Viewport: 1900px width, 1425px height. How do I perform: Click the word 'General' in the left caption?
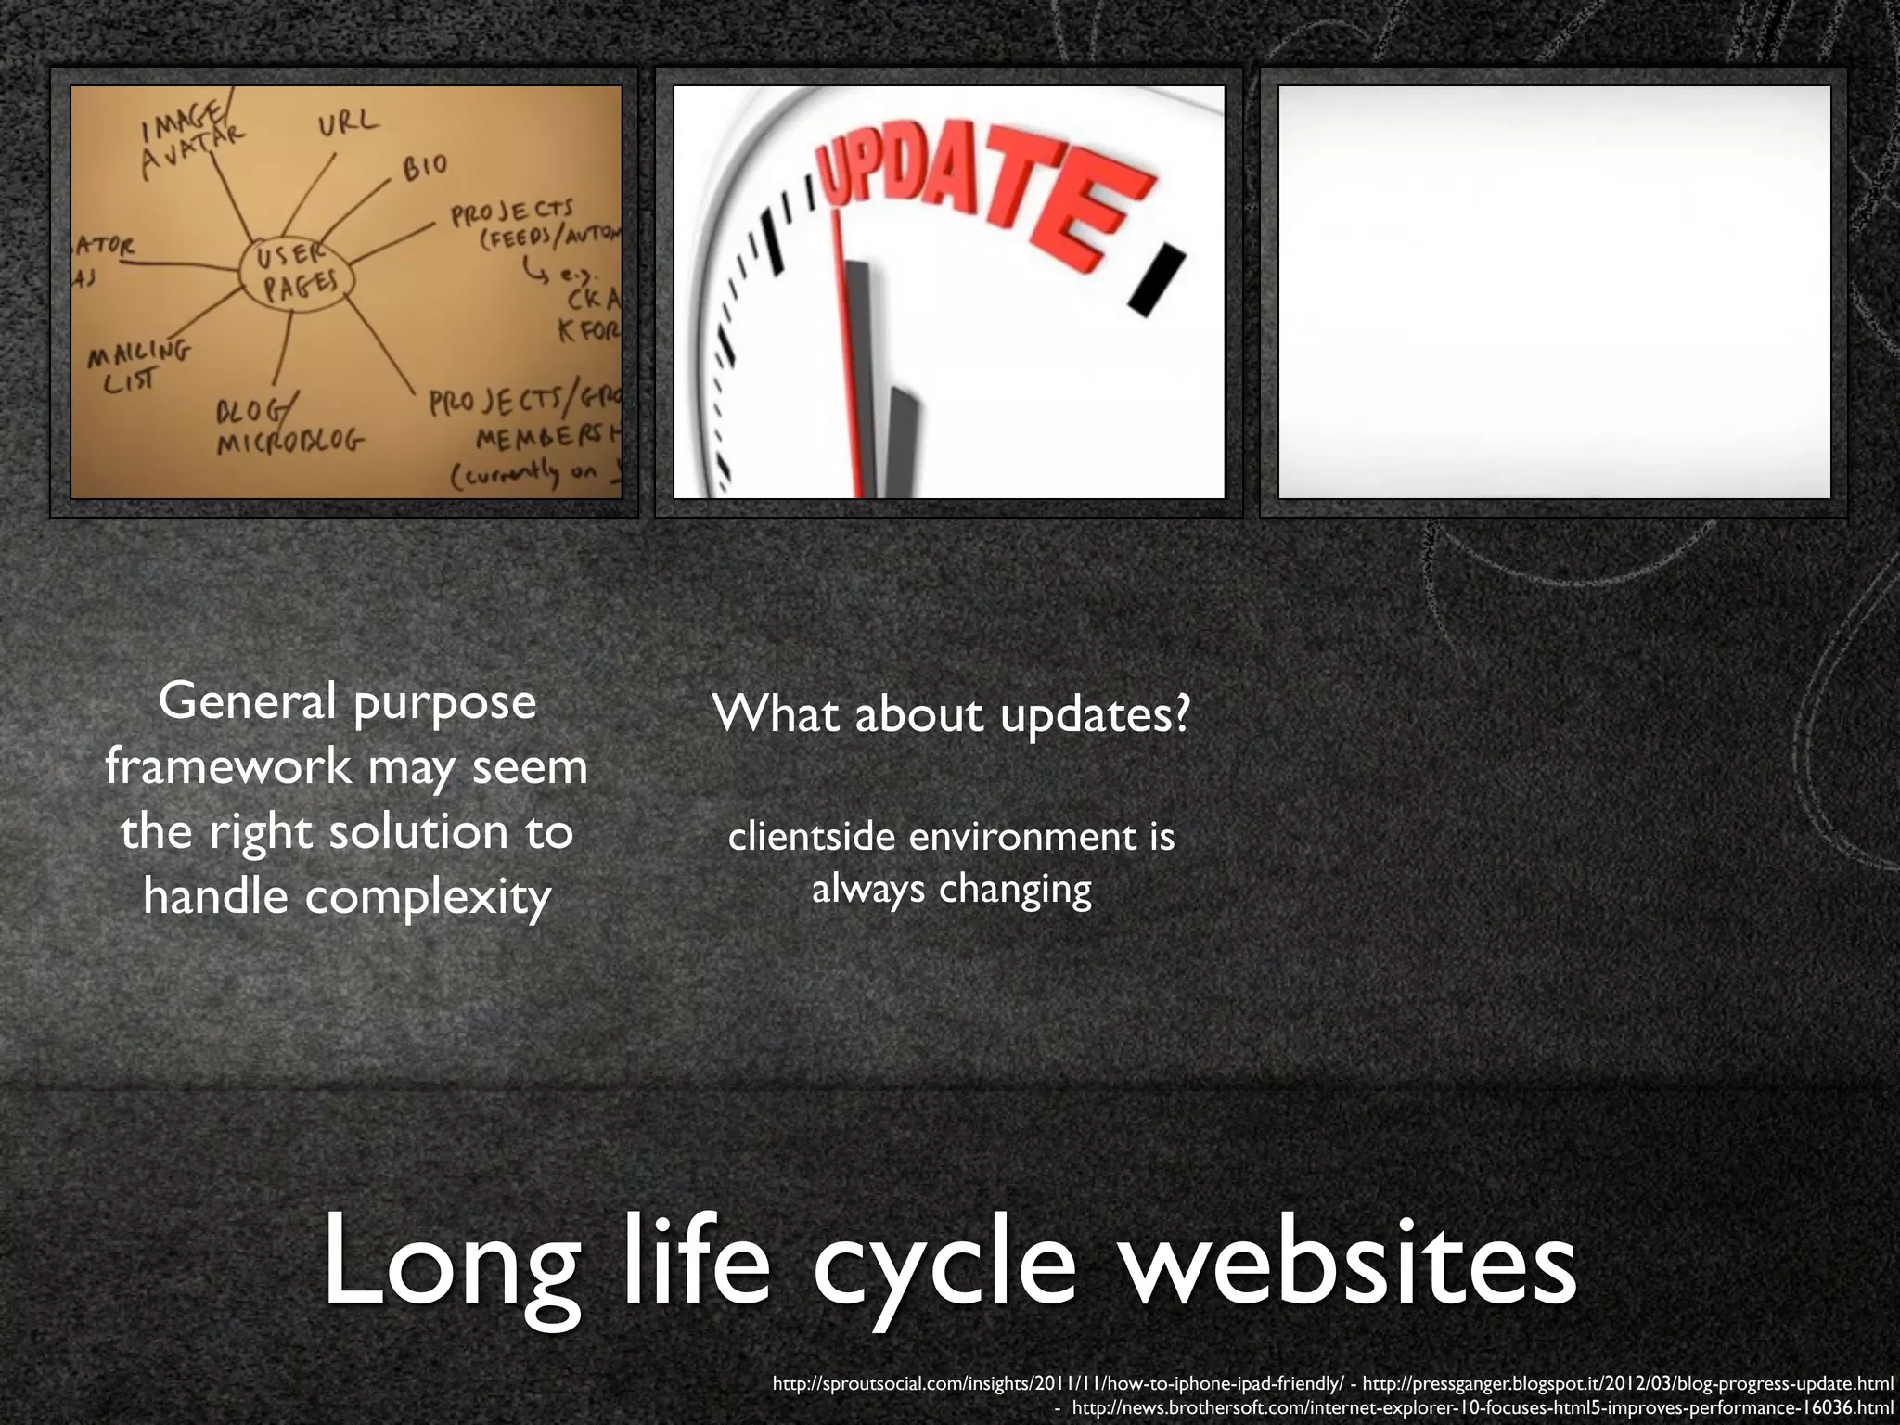247,701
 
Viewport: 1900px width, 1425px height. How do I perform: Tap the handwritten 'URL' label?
349,122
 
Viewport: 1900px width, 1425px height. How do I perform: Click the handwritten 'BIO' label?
425,167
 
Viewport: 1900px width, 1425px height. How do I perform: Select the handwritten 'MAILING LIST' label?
137,366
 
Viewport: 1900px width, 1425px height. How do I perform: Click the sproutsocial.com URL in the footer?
1058,1384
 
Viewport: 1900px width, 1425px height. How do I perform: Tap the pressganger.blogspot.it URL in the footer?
1628,1384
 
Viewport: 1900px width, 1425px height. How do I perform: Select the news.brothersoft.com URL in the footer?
1483,1408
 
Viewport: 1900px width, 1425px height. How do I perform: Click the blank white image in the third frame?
1554,292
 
